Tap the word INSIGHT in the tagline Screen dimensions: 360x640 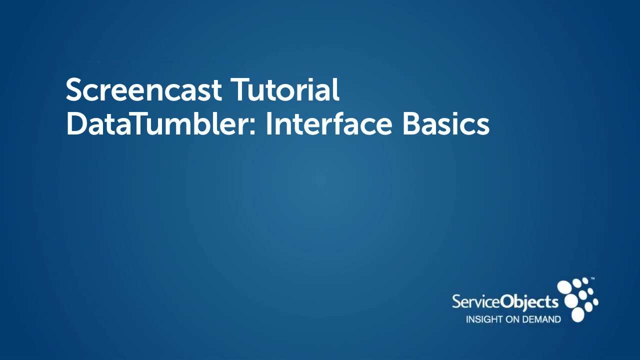481,319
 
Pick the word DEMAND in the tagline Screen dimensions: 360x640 541,319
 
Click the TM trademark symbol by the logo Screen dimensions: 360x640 592,278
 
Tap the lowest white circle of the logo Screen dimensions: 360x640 577,314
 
